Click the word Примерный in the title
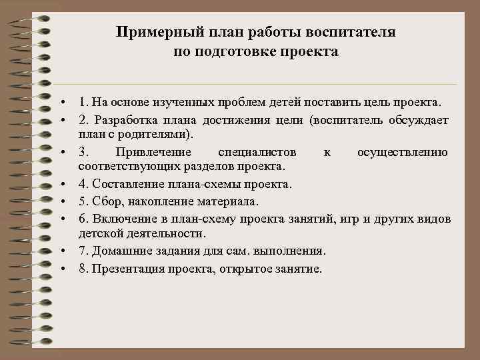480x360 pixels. [x=147, y=32]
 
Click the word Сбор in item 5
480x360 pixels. [x=105, y=201]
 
